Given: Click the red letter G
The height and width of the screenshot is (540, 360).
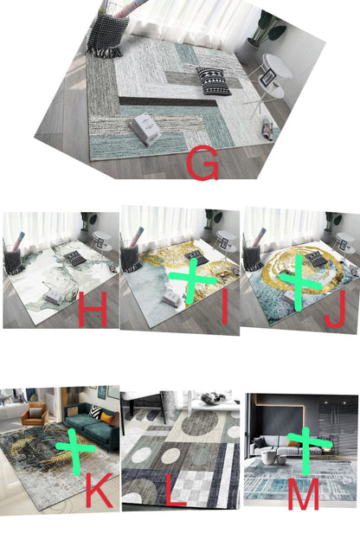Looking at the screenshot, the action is pyautogui.click(x=202, y=163).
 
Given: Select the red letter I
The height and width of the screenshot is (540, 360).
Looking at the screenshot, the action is pyautogui.click(x=225, y=307).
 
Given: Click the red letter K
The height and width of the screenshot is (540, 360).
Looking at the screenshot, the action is pyautogui.click(x=100, y=490).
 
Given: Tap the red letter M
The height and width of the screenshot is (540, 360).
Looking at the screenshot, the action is pyautogui.click(x=303, y=492).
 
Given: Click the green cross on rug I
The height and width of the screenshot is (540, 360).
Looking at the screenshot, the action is pyautogui.click(x=192, y=280).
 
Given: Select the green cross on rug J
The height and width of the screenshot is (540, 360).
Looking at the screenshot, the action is pyautogui.click(x=299, y=282).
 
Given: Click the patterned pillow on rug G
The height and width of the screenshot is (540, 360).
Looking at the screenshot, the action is pyautogui.click(x=214, y=80).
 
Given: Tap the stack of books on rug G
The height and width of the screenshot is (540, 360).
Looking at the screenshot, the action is pyautogui.click(x=145, y=129).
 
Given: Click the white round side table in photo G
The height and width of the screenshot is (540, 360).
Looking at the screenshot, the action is pyautogui.click(x=272, y=83).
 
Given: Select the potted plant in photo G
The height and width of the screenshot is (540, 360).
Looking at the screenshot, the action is pyautogui.click(x=267, y=29).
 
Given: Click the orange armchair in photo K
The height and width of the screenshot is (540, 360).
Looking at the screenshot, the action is pyautogui.click(x=34, y=414).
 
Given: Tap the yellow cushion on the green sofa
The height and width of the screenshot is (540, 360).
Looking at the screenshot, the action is pyautogui.click(x=106, y=418).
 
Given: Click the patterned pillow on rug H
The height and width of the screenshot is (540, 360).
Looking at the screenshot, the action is pyautogui.click(x=75, y=258).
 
